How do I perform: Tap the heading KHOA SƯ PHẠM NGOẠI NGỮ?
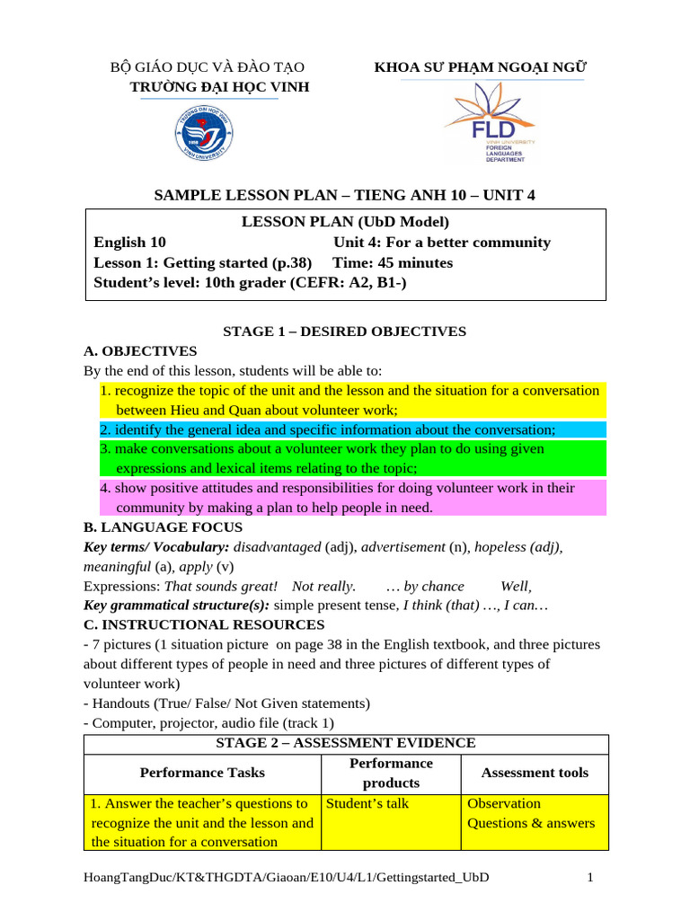coord(481,67)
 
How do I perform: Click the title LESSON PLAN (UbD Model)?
coord(345,222)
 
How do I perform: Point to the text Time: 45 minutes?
coord(393,263)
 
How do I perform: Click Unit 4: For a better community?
coord(441,243)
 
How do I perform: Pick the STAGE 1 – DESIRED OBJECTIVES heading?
coord(345,332)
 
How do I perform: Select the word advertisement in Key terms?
coord(403,547)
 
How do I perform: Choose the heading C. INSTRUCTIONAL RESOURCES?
coord(204,624)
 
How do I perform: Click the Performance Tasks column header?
coord(202,773)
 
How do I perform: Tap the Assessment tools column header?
coord(535,773)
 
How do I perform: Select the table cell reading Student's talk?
coord(367,803)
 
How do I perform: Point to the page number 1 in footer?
coord(590,877)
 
